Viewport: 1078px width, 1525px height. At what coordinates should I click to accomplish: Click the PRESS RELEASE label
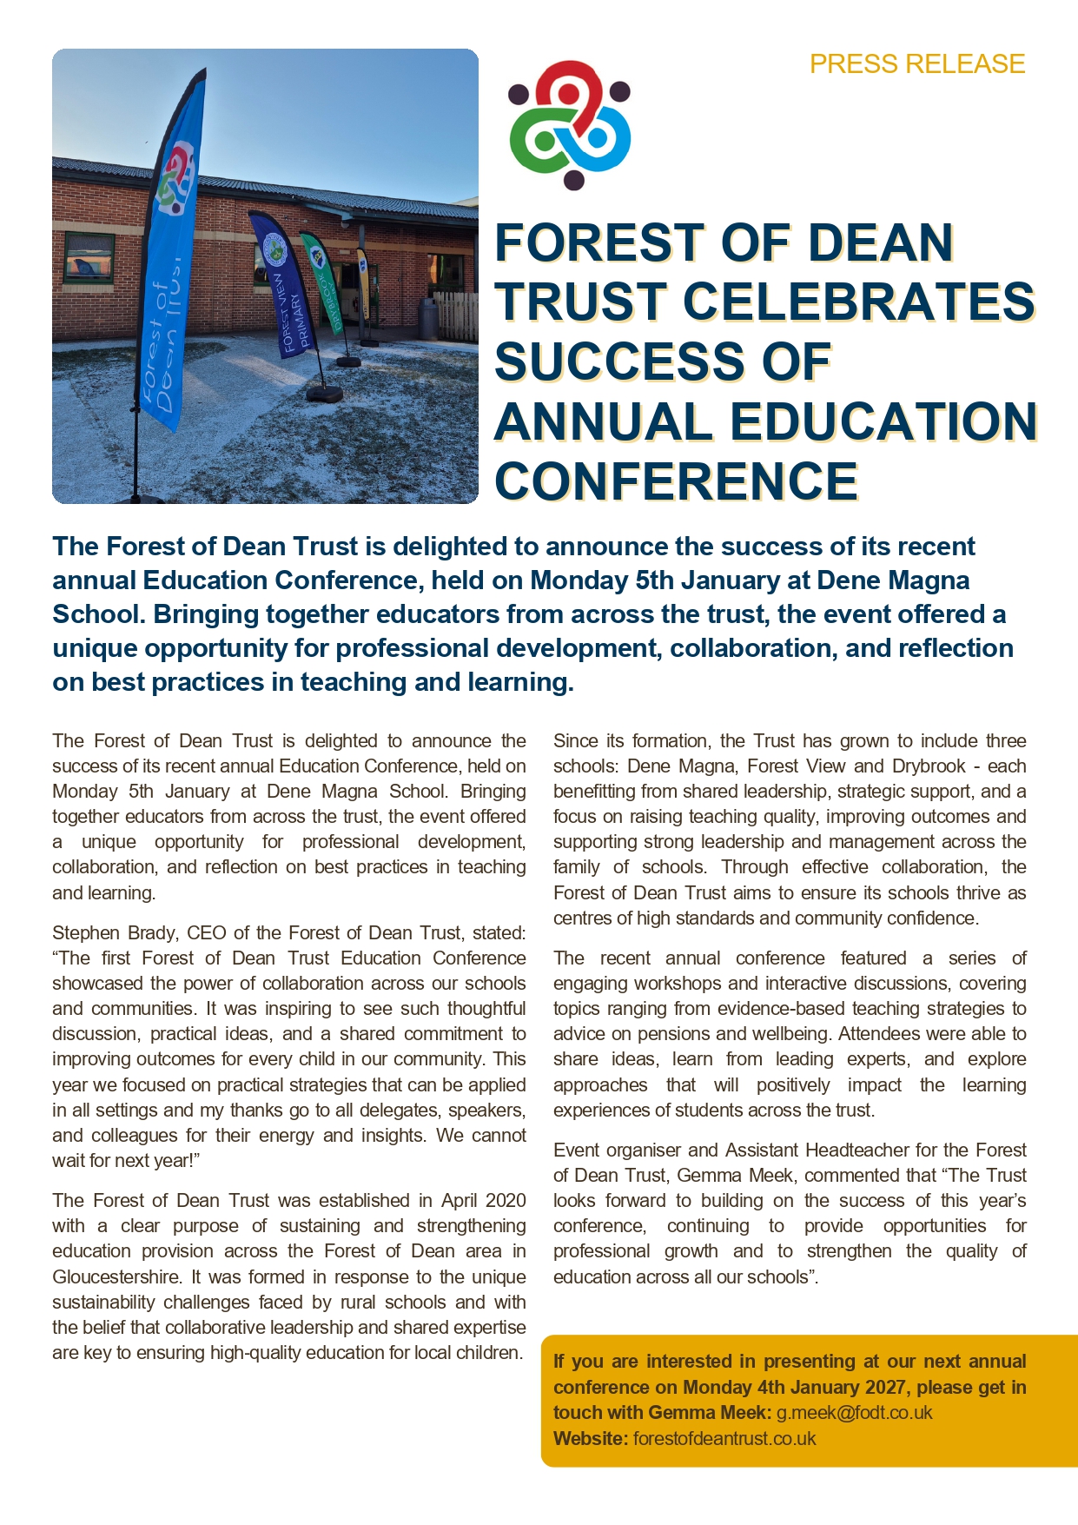[x=917, y=64]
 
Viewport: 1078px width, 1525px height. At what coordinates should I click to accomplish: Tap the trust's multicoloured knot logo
[x=570, y=124]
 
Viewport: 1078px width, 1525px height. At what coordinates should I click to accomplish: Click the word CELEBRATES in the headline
[x=859, y=302]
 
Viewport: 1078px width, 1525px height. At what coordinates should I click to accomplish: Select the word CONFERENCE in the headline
[x=677, y=481]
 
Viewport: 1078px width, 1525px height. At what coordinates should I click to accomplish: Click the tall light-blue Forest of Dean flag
[x=170, y=261]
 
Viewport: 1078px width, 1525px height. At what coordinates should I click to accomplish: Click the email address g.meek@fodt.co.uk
[x=854, y=1412]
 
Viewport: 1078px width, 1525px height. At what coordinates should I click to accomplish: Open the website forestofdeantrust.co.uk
[x=724, y=1438]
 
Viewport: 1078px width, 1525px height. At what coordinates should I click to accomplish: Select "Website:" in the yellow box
[x=591, y=1438]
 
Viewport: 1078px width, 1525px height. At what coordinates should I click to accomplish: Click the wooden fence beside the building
[x=454, y=315]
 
